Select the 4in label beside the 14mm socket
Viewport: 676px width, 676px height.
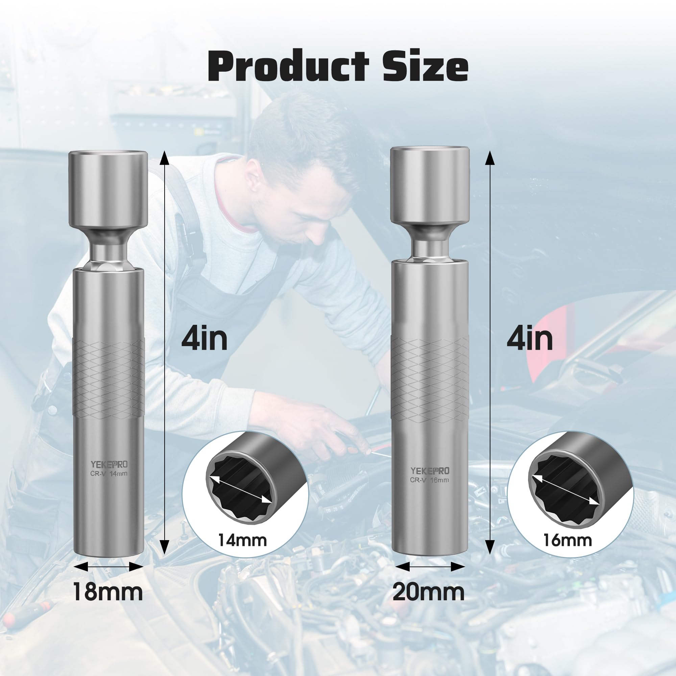[x=204, y=338]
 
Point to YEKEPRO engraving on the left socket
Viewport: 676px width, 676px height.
[x=109, y=464]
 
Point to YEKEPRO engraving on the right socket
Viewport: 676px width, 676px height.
[x=430, y=470]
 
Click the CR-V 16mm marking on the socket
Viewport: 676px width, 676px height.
[x=429, y=480]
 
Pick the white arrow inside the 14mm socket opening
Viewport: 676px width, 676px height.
[x=241, y=489]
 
